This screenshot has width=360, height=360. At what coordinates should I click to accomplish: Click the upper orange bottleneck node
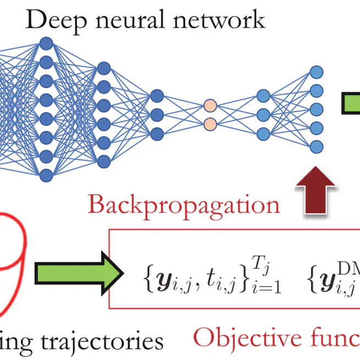[x=209, y=105]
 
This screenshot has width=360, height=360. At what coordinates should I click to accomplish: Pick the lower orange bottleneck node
[x=209, y=123]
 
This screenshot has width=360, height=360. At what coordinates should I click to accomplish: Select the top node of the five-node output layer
[x=316, y=71]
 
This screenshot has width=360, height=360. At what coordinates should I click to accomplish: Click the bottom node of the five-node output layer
[x=316, y=147]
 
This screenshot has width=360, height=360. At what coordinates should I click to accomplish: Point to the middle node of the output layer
[x=316, y=109]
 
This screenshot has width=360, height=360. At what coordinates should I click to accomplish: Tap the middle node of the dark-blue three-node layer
[x=157, y=114]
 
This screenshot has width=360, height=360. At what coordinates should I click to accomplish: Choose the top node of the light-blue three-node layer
[x=263, y=96]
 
